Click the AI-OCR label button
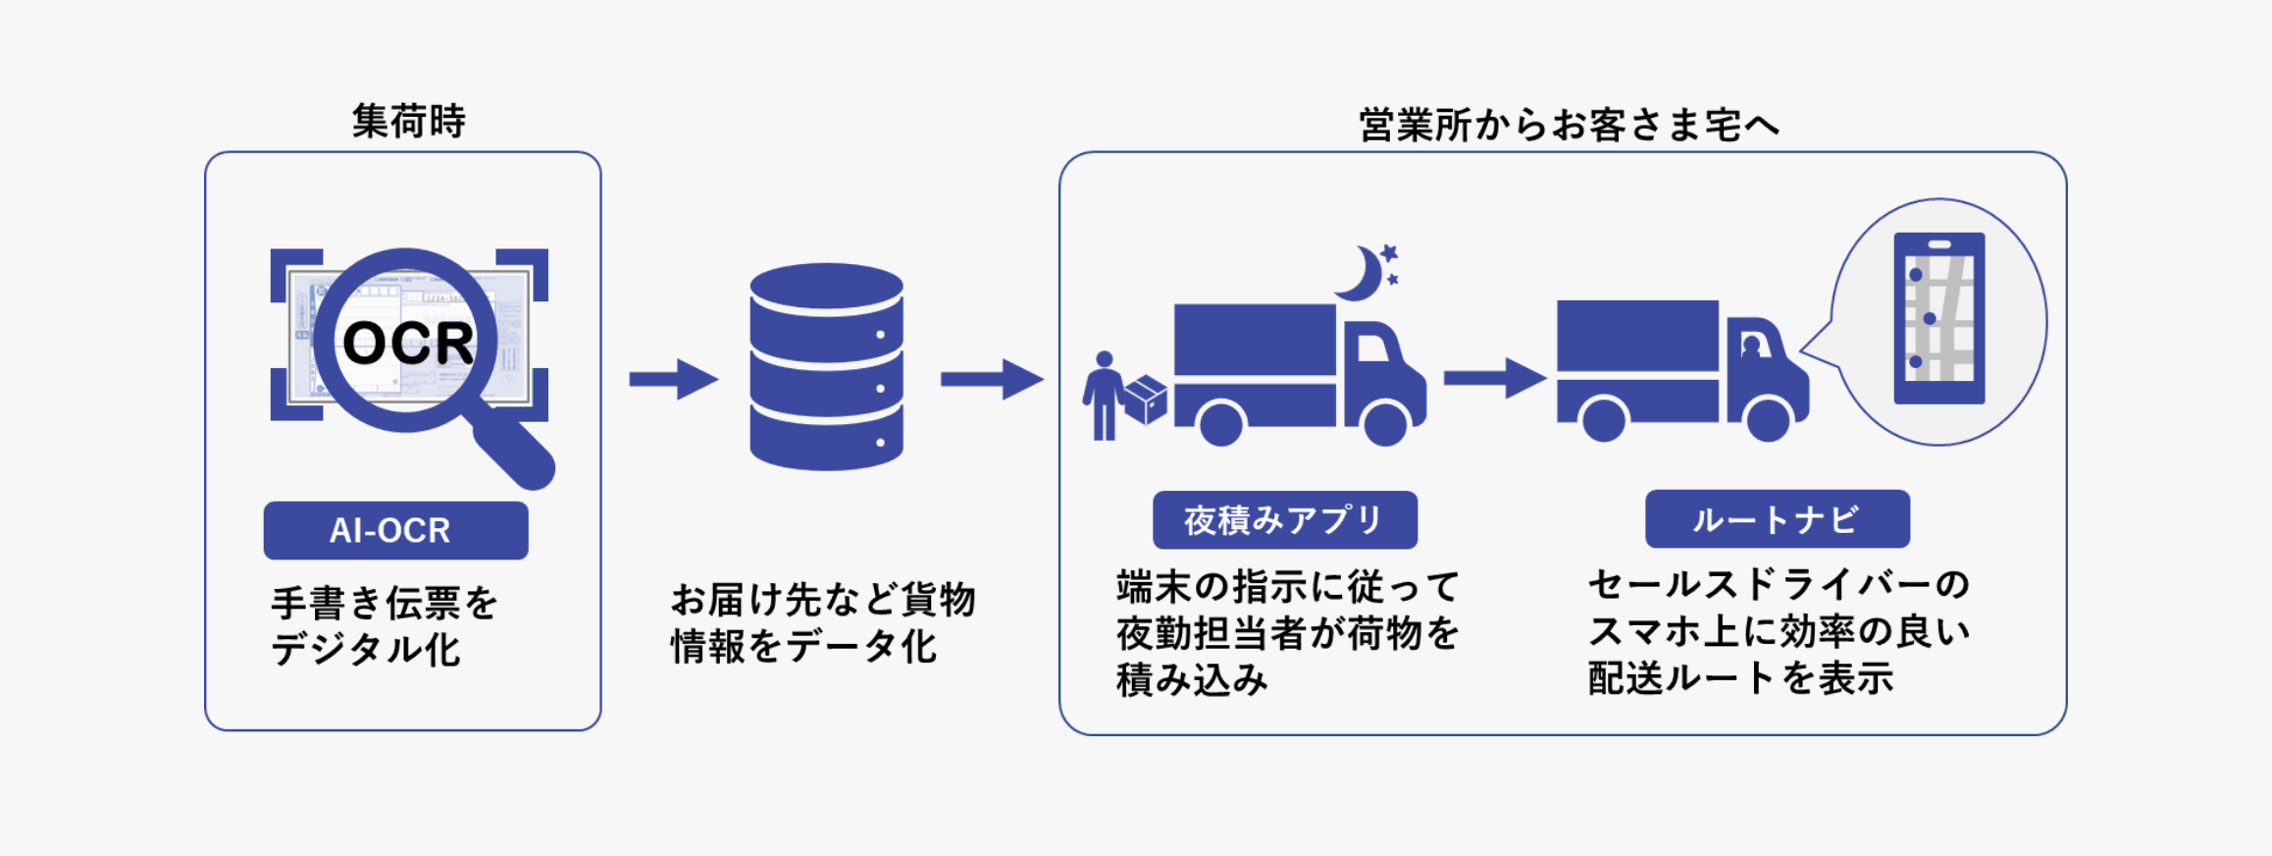point(395,530)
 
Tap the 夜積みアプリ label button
point(1284,519)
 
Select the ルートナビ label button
point(1777,519)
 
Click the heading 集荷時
point(408,122)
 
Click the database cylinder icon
point(826,367)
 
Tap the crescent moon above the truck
point(1360,274)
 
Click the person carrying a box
point(1105,395)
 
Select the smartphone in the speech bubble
point(1938,318)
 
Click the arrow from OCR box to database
point(673,379)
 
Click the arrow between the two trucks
point(1493,378)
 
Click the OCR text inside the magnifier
point(407,343)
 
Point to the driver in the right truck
point(1751,347)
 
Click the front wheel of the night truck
point(1385,423)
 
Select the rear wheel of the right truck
point(1604,420)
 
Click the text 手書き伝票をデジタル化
point(385,625)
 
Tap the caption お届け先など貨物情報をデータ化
point(822,622)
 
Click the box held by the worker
point(1145,399)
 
